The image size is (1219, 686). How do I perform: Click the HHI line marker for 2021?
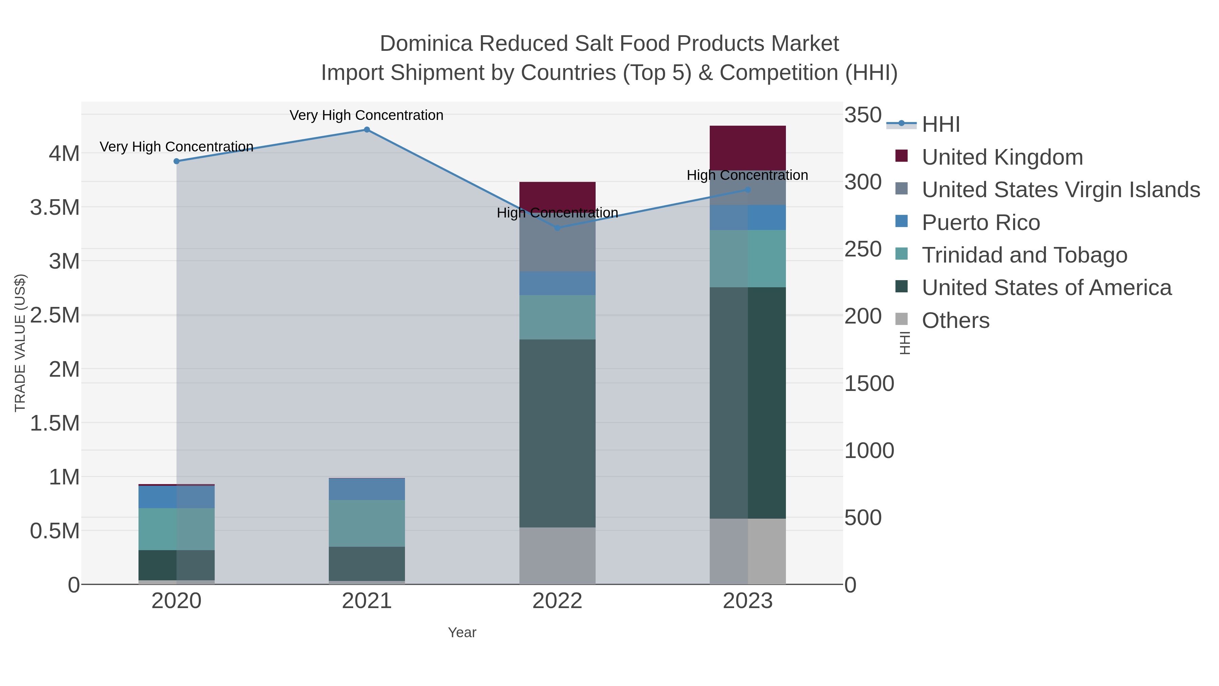click(x=367, y=130)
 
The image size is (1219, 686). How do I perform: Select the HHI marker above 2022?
click(x=557, y=228)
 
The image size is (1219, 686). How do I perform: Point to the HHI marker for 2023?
click(x=748, y=190)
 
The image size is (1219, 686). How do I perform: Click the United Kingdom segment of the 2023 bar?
click(x=748, y=148)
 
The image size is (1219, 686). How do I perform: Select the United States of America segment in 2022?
click(x=557, y=433)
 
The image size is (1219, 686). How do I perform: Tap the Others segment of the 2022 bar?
click(x=557, y=556)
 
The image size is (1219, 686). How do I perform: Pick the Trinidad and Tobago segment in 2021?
click(x=367, y=523)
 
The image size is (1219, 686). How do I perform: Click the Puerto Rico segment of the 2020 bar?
click(x=176, y=497)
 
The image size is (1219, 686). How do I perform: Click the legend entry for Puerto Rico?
click(x=981, y=223)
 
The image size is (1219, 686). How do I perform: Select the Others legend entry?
click(x=955, y=320)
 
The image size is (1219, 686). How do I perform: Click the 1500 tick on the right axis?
click(x=869, y=383)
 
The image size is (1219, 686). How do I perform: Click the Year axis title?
click(x=462, y=632)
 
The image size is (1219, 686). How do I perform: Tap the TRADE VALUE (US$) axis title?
click(x=20, y=343)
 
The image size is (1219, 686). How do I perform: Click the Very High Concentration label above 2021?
click(x=366, y=116)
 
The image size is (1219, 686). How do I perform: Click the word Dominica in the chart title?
click(x=426, y=44)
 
